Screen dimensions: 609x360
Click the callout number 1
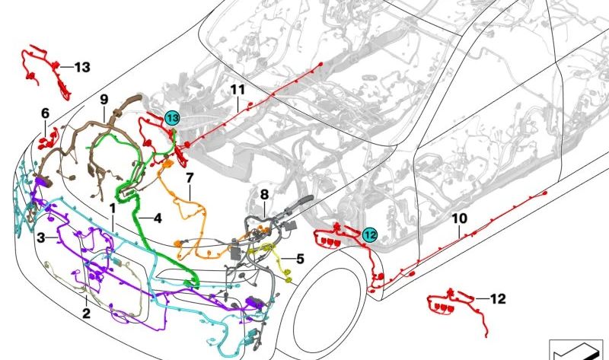[113, 209]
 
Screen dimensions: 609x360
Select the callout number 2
[86, 313]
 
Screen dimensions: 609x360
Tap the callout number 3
[41, 237]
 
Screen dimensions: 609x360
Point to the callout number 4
[158, 218]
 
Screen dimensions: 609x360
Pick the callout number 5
[300, 259]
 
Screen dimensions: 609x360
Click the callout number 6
[46, 113]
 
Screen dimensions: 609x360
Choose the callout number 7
[190, 178]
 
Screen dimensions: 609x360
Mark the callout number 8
[264, 195]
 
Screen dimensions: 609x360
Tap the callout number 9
[104, 100]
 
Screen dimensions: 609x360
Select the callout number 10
[460, 218]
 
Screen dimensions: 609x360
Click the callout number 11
[238, 90]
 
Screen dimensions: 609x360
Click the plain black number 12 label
[498, 298]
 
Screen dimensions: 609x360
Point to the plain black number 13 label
[82, 67]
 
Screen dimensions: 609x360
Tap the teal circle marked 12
[370, 234]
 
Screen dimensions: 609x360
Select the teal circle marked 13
[172, 118]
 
